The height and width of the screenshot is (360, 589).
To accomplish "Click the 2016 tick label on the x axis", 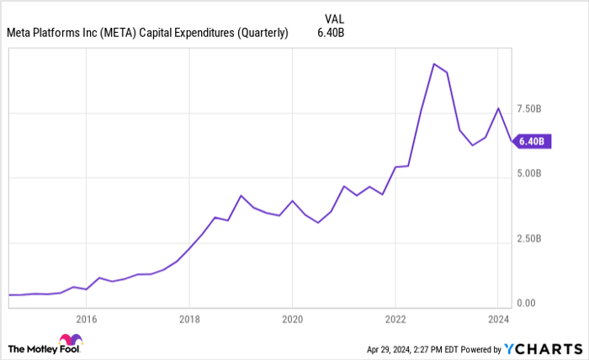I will pyautogui.click(x=87, y=319).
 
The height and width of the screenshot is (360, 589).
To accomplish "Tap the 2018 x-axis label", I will pyautogui.click(x=189, y=319).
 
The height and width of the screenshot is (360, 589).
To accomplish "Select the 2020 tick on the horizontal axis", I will pyautogui.click(x=292, y=319).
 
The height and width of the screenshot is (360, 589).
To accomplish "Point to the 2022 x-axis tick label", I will pyautogui.click(x=395, y=319).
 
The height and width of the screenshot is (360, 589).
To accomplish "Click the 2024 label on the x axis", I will pyautogui.click(x=498, y=319).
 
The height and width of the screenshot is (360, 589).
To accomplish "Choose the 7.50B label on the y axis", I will pyautogui.click(x=534, y=109).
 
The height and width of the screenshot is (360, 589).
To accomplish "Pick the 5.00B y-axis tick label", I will pyautogui.click(x=534, y=174).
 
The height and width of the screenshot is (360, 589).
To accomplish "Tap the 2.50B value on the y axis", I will pyautogui.click(x=534, y=239).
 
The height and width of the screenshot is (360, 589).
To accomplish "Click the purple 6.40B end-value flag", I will pyautogui.click(x=533, y=141).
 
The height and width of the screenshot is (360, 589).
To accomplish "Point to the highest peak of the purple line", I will pyautogui.click(x=433, y=64).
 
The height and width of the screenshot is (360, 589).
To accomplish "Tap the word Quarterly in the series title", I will pyautogui.click(x=261, y=33).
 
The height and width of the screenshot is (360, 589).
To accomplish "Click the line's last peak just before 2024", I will pyautogui.click(x=498, y=108).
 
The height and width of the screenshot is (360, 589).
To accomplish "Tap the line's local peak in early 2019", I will pyautogui.click(x=241, y=196).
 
